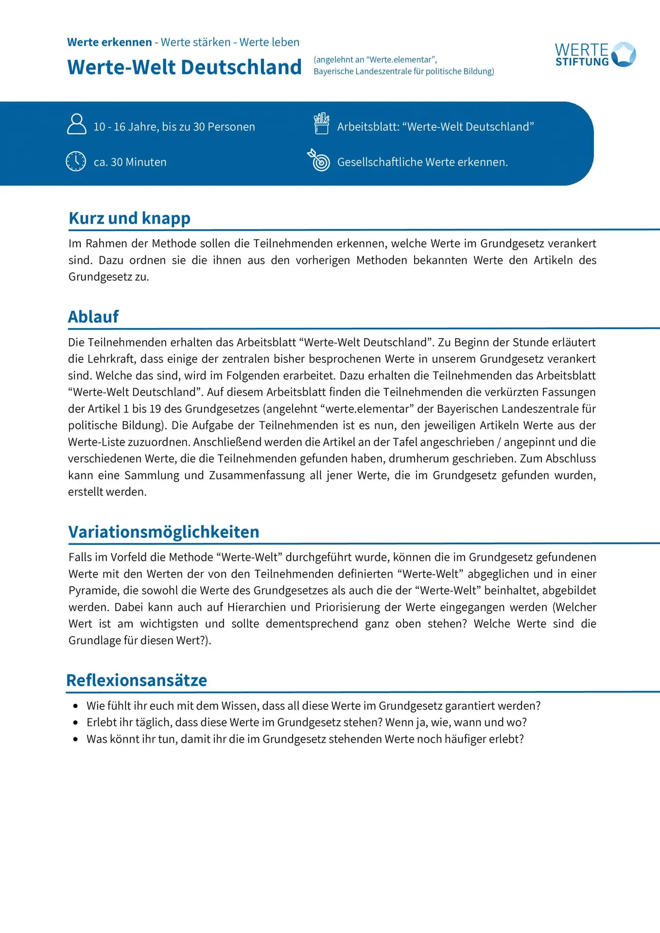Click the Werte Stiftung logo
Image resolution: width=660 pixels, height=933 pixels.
tap(595, 54)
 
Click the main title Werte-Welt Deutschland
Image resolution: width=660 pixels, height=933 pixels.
tap(184, 67)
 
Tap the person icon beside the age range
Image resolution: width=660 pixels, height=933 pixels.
tap(76, 124)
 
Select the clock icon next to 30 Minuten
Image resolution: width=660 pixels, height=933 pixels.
tap(76, 161)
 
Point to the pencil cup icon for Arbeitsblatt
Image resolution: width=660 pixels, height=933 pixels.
tap(321, 123)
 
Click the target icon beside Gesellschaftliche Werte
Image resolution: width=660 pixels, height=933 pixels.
tap(319, 160)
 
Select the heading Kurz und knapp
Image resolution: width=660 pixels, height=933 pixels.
tap(129, 218)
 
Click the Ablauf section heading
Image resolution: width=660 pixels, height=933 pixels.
tap(93, 317)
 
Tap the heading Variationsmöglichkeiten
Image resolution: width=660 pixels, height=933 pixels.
tap(164, 532)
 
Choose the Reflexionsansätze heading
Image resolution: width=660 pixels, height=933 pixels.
tap(137, 680)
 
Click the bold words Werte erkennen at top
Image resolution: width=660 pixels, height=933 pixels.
tap(109, 42)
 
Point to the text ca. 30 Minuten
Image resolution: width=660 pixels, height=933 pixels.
tap(130, 162)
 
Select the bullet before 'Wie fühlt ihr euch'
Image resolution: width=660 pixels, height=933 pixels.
tap(75, 706)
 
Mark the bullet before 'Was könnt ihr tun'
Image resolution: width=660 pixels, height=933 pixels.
tap(75, 740)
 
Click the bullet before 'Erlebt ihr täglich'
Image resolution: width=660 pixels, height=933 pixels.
tap(75, 723)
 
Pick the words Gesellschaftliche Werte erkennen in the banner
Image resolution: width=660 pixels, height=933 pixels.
tap(422, 162)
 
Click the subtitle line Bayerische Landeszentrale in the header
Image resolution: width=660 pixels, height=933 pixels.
tap(403, 71)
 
